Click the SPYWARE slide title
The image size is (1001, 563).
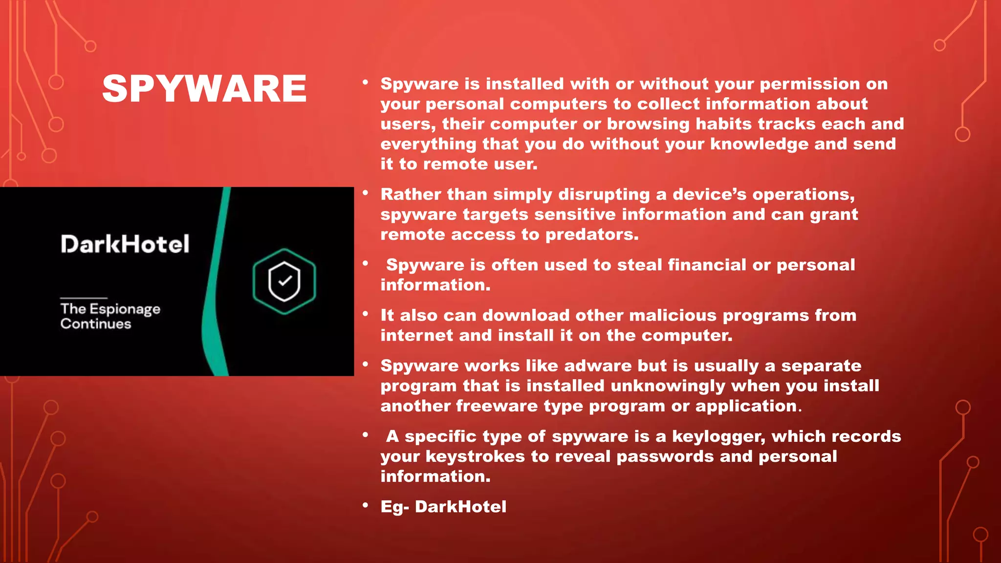204,88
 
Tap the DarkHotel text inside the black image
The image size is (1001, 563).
125,244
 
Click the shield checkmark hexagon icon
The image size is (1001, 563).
284,281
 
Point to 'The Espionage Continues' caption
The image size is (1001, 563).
110,316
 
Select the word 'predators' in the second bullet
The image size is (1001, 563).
591,235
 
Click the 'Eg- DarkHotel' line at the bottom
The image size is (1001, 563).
443,507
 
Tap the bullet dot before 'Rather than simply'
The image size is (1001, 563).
365,193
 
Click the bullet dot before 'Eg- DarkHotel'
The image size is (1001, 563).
365,505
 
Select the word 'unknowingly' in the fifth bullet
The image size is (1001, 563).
668,386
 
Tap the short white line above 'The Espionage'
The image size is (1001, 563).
84,298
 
